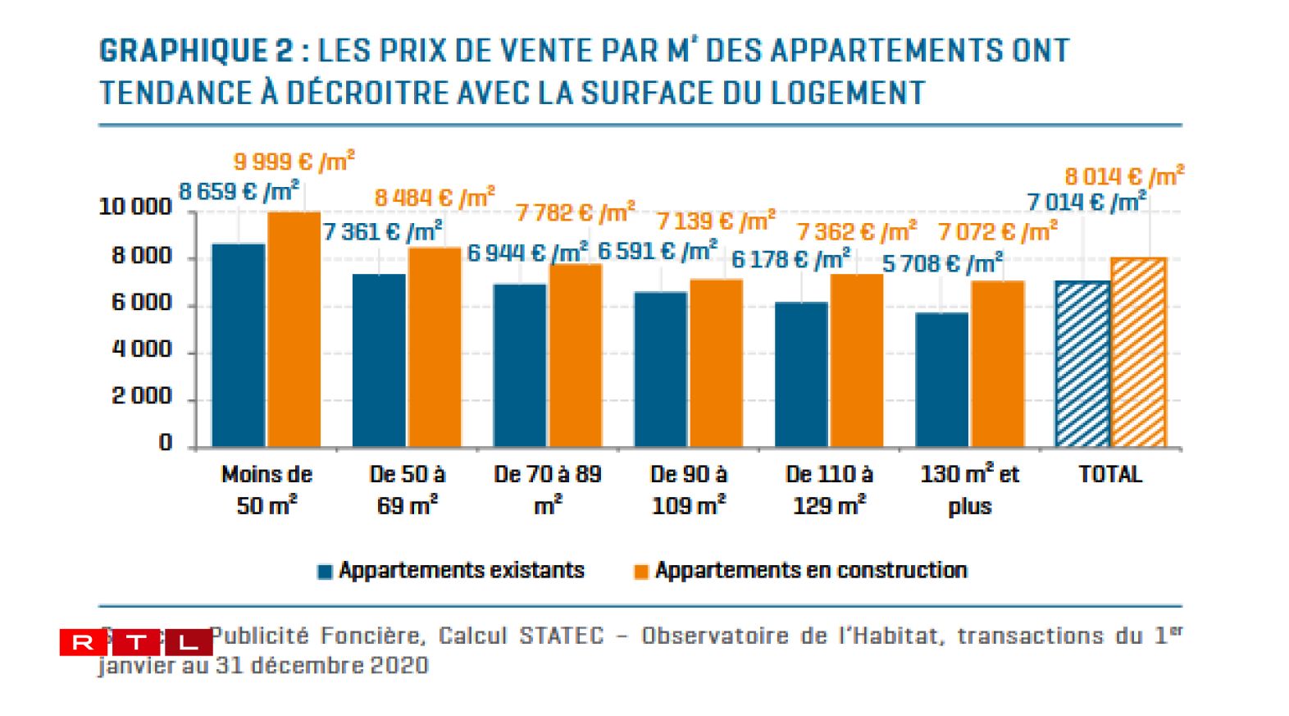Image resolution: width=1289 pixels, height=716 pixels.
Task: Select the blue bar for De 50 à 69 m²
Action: point(379,361)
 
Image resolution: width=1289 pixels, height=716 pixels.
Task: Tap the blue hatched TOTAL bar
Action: point(1082,365)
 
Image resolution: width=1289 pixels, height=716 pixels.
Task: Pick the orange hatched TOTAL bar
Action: point(1138,353)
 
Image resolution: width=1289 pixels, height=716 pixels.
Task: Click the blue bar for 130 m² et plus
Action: point(942,380)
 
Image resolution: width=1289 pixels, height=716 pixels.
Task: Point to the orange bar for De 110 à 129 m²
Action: point(857,361)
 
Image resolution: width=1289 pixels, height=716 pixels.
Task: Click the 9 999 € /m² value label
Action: point(294,162)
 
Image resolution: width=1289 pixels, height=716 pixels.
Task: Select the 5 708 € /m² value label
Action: point(942,263)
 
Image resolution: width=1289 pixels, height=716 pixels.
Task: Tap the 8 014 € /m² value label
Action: point(1123,176)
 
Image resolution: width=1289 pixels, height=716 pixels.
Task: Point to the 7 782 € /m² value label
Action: point(575,213)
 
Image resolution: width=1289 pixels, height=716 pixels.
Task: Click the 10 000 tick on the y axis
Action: point(135,208)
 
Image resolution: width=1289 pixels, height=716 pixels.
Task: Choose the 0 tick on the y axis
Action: point(166,443)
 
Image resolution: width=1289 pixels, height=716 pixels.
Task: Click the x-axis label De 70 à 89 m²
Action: point(548,490)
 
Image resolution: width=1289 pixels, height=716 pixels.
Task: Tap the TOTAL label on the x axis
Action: point(1110,475)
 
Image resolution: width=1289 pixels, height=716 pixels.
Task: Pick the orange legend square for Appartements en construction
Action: point(641,572)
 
